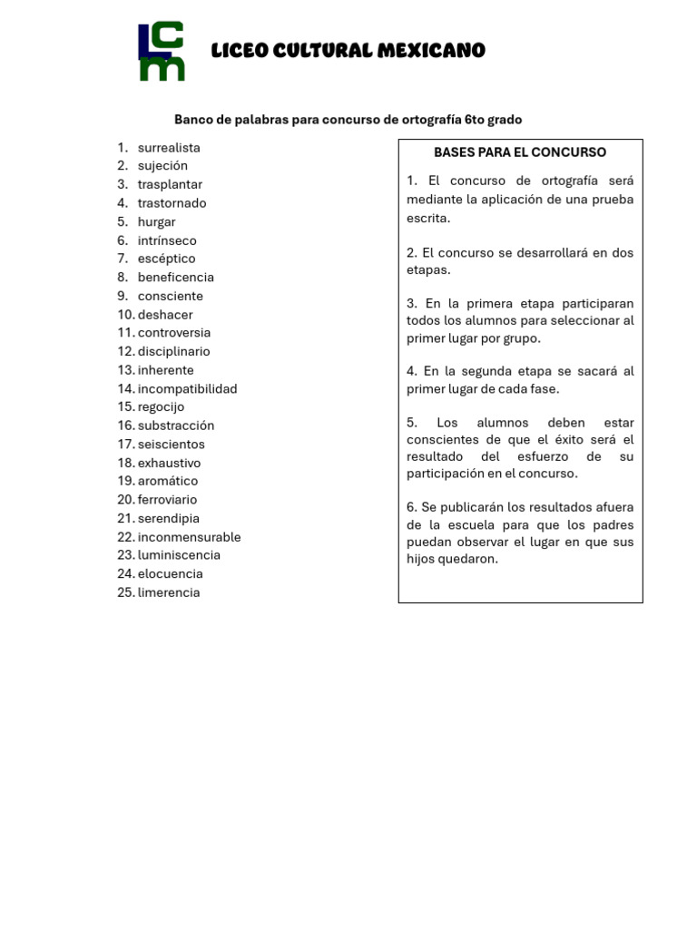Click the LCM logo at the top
click(x=162, y=52)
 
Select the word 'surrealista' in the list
click(x=169, y=148)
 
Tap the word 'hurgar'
click(x=156, y=222)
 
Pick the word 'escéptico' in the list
click(x=166, y=259)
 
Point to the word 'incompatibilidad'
click(x=187, y=389)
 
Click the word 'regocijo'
click(x=161, y=407)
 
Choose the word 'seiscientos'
click(x=171, y=445)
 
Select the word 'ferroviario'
click(x=167, y=500)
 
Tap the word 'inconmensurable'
click(x=189, y=537)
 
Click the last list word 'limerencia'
click(x=169, y=592)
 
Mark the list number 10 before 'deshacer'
click(x=125, y=315)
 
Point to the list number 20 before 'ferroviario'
click(x=125, y=500)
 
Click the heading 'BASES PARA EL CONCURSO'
click(x=520, y=152)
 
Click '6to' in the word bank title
click(x=475, y=120)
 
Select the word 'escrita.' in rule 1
click(x=428, y=219)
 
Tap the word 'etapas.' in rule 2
click(x=428, y=269)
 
